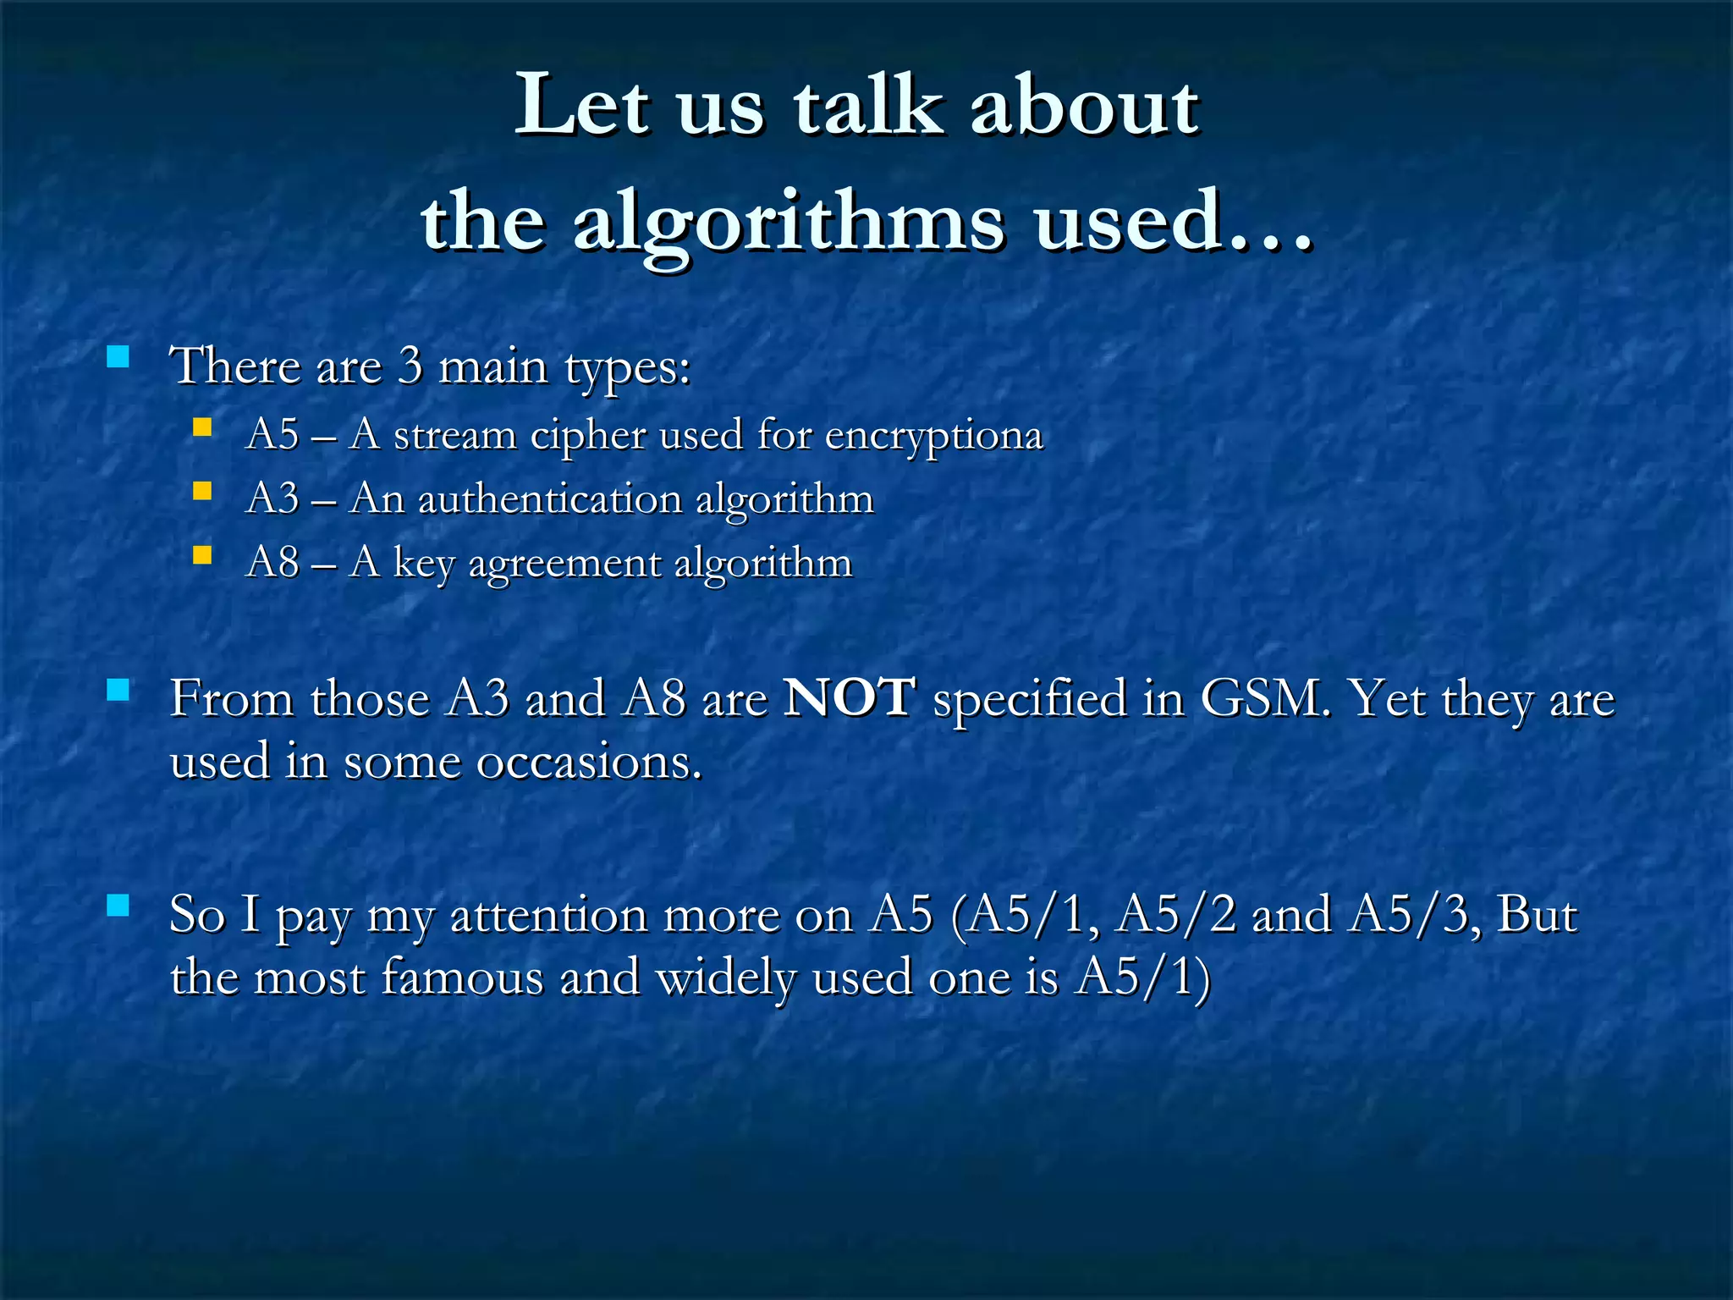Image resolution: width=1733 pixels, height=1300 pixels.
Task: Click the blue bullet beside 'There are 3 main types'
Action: tap(118, 355)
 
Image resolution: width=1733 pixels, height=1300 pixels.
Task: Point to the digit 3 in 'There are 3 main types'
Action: tap(410, 366)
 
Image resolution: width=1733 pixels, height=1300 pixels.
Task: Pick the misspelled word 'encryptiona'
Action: tap(933, 437)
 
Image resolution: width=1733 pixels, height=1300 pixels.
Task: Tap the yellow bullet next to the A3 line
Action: tap(201, 491)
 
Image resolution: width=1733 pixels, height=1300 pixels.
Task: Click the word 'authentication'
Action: tap(550, 499)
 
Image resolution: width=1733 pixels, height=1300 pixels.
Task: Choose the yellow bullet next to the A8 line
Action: tap(201, 555)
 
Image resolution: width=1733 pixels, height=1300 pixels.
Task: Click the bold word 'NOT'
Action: tap(849, 698)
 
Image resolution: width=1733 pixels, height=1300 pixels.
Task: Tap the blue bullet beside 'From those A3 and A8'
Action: tap(118, 691)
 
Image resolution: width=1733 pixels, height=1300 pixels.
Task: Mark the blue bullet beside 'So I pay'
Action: tap(118, 906)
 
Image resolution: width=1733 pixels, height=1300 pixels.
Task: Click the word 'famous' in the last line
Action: tap(462, 978)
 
